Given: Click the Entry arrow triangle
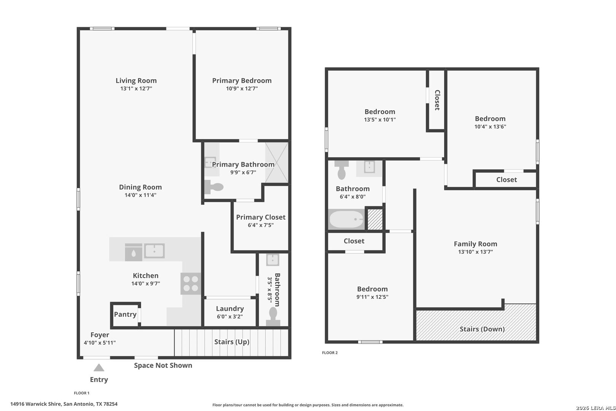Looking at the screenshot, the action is click(x=99, y=368).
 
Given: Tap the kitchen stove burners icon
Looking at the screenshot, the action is click(x=191, y=284).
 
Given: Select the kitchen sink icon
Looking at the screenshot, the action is click(x=154, y=251).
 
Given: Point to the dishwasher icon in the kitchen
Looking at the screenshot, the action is click(x=133, y=252).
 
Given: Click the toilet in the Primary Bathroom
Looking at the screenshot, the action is click(x=214, y=187).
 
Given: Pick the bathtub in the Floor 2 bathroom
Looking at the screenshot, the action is click(x=346, y=220).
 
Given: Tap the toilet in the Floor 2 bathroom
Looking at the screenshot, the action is click(x=341, y=170).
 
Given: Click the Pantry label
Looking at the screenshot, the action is click(x=125, y=314).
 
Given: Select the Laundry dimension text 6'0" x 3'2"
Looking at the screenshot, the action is click(x=230, y=317).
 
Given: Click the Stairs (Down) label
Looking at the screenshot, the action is click(x=482, y=329).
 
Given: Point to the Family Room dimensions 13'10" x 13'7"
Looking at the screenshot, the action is click(x=475, y=252).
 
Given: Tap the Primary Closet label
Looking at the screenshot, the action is click(x=261, y=217).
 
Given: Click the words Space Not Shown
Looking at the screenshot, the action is click(x=163, y=365).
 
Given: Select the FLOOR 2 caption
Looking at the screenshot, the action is click(x=330, y=353).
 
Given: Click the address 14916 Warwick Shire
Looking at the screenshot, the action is click(x=35, y=404).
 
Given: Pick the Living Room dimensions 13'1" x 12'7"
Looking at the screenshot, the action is click(x=136, y=88).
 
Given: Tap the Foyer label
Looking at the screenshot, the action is click(x=100, y=335).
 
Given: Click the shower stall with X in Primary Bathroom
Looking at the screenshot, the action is click(x=276, y=162).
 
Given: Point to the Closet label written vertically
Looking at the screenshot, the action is click(x=437, y=100).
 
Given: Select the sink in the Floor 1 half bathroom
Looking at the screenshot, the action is click(x=273, y=260).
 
